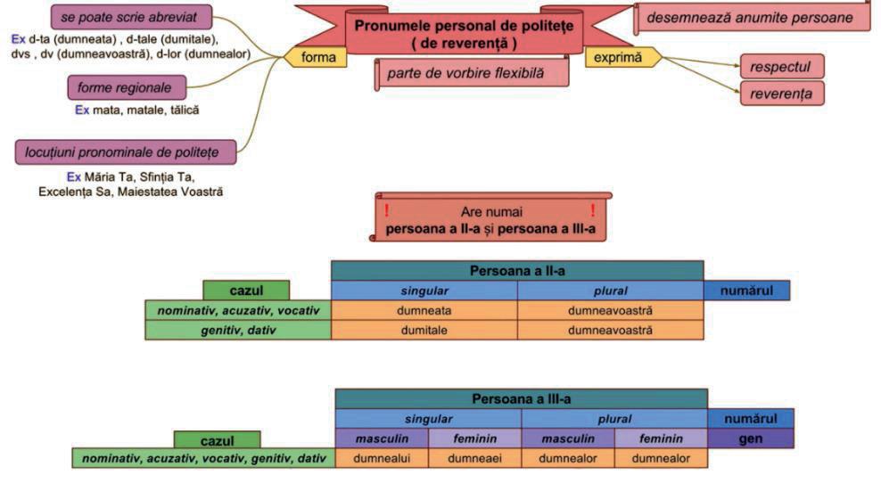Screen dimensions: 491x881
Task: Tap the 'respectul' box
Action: point(781,66)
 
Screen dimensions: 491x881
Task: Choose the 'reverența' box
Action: point(781,93)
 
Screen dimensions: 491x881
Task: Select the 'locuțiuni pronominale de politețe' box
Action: point(126,151)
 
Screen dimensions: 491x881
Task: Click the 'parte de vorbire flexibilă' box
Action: point(472,72)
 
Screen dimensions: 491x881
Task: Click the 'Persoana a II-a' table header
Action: point(517,269)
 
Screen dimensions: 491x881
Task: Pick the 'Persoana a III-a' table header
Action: point(521,399)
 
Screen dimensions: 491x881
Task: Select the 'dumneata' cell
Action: point(424,311)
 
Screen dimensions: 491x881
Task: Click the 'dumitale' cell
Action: point(424,331)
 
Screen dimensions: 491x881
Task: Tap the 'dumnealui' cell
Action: point(382,459)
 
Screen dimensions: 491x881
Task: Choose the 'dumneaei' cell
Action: point(474,459)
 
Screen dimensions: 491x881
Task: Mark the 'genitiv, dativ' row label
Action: point(238,331)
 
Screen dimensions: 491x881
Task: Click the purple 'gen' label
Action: point(750,439)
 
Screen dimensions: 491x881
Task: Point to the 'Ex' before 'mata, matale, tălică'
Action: point(82,110)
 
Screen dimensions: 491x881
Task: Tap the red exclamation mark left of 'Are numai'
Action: point(386,211)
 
